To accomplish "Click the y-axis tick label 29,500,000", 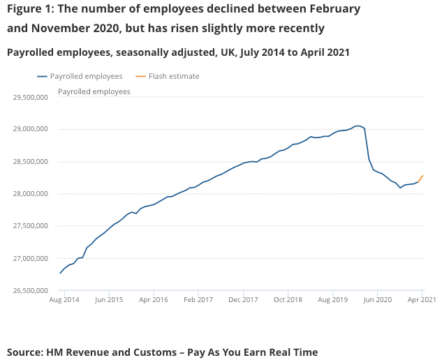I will pos(30,97).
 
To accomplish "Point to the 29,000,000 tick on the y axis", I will pos(30,129).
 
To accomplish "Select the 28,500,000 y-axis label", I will pos(30,162).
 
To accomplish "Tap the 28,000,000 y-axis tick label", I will pos(30,194).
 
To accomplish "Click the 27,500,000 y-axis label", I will pos(30,226).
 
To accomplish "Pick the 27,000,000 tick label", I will pos(30,259).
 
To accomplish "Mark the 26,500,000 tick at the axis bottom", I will pos(30,291).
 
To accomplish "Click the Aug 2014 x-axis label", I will pos(64,299).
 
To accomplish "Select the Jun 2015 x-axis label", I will pos(109,299).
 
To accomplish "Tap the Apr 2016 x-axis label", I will pos(154,299).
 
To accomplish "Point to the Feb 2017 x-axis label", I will pos(199,299).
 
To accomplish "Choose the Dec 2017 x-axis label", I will pos(244,299).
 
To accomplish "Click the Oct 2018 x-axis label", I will pos(288,299).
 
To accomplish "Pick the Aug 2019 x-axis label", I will pos(333,299).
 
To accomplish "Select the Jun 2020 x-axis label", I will pos(378,299).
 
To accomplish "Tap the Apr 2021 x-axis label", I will pos(421,299).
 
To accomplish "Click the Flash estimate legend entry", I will pos(174,76).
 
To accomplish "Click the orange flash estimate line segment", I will pos(420,179).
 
